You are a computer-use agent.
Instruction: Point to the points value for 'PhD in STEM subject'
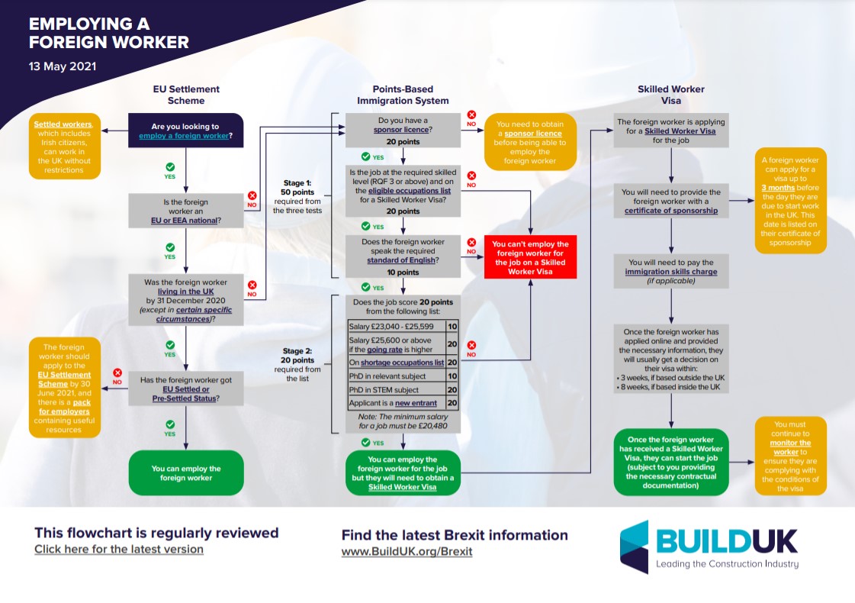452,390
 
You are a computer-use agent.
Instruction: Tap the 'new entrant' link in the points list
416,403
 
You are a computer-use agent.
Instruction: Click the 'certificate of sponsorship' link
670,211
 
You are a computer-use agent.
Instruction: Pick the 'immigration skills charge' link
670,271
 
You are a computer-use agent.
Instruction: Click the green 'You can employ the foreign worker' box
185,473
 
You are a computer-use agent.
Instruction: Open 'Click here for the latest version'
119,549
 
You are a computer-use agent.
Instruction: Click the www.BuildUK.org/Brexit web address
407,551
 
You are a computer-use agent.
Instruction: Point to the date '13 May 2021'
63,66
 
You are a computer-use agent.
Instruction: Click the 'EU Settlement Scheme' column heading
186,95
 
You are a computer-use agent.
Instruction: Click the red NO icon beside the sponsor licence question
471,116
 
